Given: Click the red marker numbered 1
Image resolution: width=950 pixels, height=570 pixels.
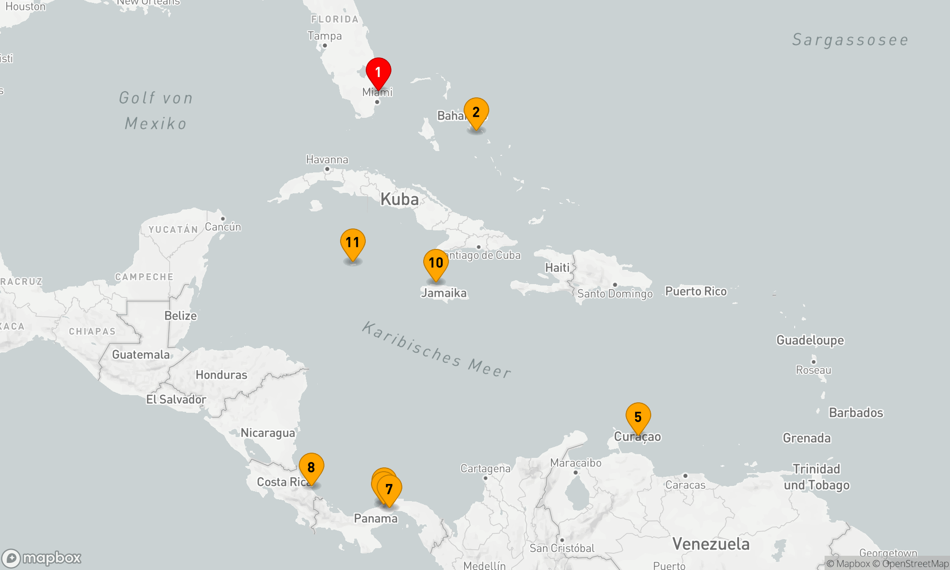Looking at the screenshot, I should (x=378, y=72).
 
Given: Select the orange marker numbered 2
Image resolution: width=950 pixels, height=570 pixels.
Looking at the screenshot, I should (x=476, y=113).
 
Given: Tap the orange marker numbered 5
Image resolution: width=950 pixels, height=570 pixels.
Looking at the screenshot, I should (x=638, y=417).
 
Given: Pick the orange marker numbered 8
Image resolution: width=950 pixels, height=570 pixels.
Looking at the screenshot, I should (x=311, y=467).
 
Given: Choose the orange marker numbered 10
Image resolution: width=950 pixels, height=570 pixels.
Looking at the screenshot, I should (x=436, y=263).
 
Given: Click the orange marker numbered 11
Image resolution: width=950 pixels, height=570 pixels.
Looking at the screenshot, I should (x=352, y=243).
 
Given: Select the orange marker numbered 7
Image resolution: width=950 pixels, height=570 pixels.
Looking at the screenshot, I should (x=389, y=489).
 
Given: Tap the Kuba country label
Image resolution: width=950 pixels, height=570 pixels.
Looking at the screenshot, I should (x=399, y=199).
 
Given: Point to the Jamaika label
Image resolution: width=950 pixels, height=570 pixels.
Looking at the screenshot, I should (x=444, y=293).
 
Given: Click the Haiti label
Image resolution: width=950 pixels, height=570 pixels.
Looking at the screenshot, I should (x=557, y=268).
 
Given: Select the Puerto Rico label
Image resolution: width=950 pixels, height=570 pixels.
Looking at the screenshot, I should (x=695, y=291).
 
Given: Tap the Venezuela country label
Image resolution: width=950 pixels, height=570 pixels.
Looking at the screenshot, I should (x=711, y=544).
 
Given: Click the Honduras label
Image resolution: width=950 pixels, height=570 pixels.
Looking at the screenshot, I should (x=221, y=375).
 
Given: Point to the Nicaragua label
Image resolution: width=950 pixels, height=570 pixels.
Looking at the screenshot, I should (x=268, y=433).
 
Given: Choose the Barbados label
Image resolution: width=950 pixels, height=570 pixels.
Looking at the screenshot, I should (x=856, y=412).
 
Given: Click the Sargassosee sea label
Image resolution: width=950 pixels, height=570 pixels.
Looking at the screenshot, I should (x=850, y=40).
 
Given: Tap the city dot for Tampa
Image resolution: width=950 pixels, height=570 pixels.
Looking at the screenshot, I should (x=325, y=46).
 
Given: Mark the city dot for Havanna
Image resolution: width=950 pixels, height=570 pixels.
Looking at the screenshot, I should (x=327, y=169).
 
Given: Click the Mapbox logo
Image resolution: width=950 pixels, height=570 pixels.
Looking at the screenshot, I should (x=42, y=558).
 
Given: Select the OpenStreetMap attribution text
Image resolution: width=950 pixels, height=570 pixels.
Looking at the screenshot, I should (x=915, y=564).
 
